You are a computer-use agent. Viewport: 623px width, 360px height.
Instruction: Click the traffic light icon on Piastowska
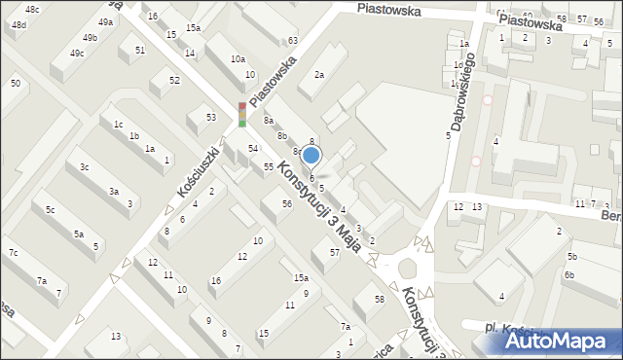pyautogui.click(x=241, y=114)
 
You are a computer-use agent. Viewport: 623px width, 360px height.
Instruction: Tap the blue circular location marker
pyautogui.click(x=311, y=155)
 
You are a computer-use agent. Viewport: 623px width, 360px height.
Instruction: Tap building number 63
pyautogui.click(x=292, y=40)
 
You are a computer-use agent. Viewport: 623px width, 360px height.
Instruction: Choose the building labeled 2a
pyautogui.click(x=318, y=74)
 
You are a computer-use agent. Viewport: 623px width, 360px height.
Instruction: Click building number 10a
pyautogui.click(x=238, y=59)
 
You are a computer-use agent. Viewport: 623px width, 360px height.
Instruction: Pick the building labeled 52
pyautogui.click(x=174, y=80)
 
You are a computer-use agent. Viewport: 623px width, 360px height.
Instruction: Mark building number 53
pyautogui.click(x=210, y=117)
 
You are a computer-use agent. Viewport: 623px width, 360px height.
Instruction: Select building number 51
pyautogui.click(x=140, y=50)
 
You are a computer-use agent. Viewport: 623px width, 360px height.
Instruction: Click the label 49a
pyautogui.click(x=105, y=21)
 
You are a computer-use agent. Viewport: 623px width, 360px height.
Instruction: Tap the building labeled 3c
pyautogui.click(x=85, y=167)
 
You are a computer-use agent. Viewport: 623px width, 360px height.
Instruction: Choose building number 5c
pyautogui.click(x=49, y=210)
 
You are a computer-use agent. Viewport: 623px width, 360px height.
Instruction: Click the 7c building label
pyautogui.click(x=13, y=253)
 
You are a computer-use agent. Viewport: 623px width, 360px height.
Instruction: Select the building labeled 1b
pyautogui.click(x=134, y=135)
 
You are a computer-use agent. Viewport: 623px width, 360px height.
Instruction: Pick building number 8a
pyautogui.click(x=268, y=120)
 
